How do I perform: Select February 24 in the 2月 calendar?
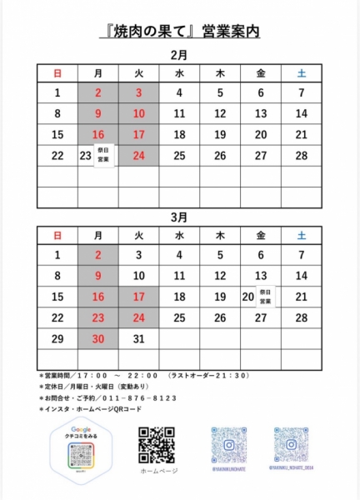click(138, 156)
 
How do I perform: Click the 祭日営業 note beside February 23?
click(103, 156)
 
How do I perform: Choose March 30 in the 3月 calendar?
click(98, 338)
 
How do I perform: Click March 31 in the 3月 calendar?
click(138, 338)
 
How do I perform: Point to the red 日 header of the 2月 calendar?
click(57, 73)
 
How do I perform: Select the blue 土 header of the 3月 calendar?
click(302, 236)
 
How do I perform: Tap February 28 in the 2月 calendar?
click(302, 156)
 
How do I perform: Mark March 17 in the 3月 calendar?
click(138, 297)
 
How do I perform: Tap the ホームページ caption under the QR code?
click(157, 472)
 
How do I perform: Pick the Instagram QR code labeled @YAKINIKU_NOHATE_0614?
click(292, 445)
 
